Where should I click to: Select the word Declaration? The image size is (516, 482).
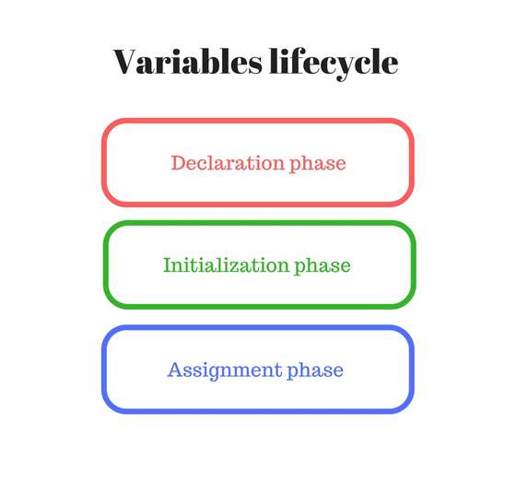(x=228, y=163)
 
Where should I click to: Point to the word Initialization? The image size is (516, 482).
(x=226, y=265)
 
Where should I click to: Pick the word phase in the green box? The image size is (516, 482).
(x=322, y=266)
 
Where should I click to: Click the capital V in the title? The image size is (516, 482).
(x=127, y=62)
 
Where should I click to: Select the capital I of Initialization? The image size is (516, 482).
(x=167, y=265)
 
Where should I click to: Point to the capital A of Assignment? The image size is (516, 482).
(x=174, y=370)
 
